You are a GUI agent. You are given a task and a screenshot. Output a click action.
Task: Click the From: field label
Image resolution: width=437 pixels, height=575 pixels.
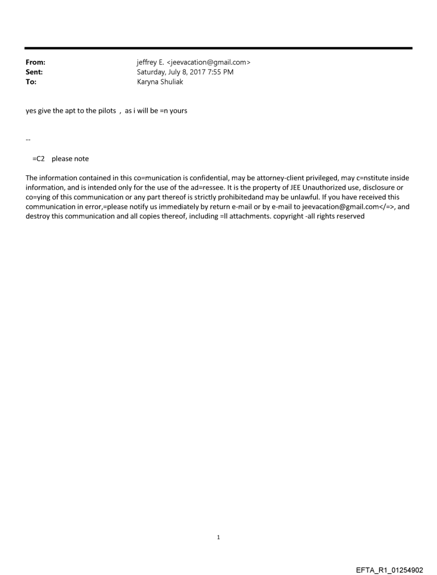pos(35,62)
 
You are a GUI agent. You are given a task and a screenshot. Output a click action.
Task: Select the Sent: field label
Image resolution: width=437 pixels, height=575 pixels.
pos(34,72)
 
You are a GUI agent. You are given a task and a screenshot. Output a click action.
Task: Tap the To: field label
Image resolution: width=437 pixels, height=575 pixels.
pos(31,82)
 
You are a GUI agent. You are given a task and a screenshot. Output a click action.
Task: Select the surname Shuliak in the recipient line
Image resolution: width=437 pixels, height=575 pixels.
pos(171,82)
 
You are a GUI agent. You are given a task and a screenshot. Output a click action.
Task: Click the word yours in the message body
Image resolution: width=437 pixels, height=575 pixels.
pos(178,111)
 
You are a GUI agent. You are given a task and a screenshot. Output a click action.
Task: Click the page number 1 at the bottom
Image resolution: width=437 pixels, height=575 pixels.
pos(218,537)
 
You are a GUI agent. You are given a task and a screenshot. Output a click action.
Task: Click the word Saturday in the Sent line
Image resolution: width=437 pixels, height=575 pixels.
pos(153,72)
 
